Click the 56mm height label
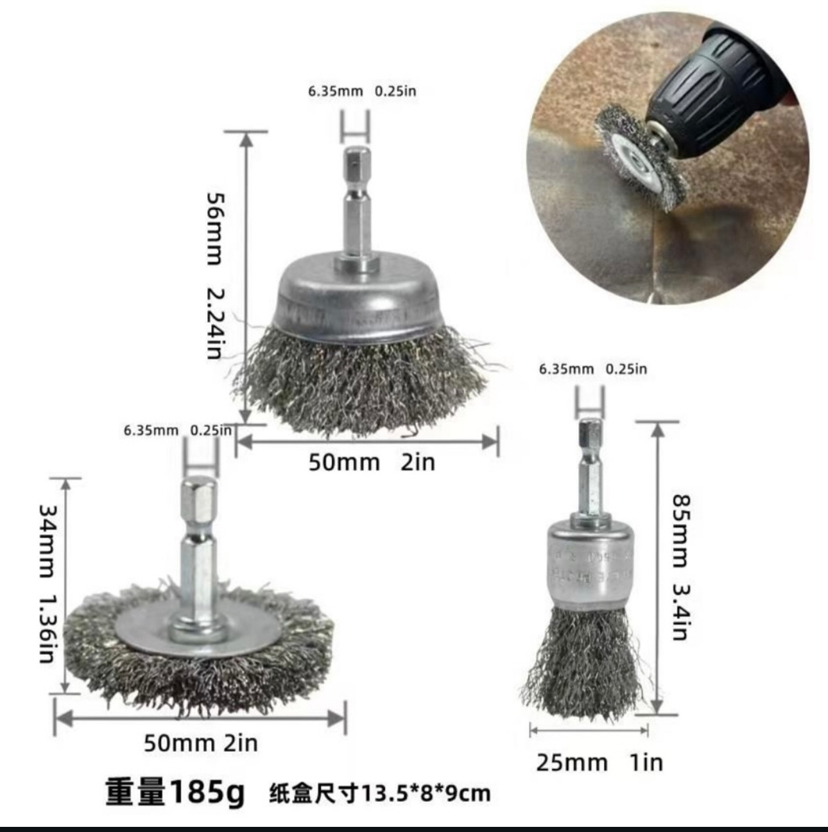coord(214,229)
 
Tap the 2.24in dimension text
coord(214,324)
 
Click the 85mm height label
coord(681,531)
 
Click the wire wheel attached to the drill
coord(639,157)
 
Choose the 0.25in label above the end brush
coord(626,369)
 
